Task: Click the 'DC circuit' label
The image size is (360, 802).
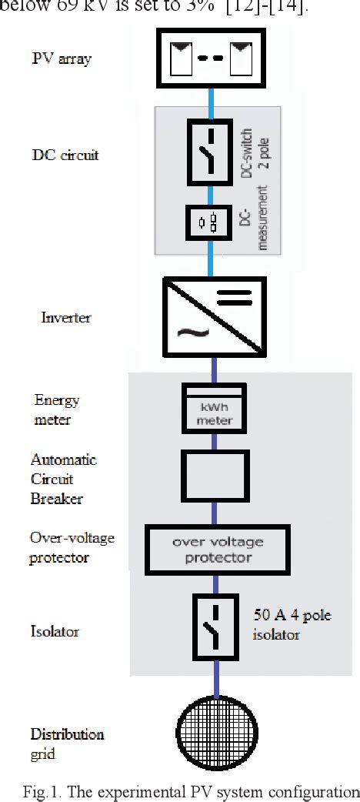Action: click(65, 155)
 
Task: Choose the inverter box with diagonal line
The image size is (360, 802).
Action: click(215, 317)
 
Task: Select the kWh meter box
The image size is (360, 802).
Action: click(215, 409)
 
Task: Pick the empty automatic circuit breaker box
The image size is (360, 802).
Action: click(215, 476)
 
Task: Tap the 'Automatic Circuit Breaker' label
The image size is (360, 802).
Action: click(63, 479)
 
